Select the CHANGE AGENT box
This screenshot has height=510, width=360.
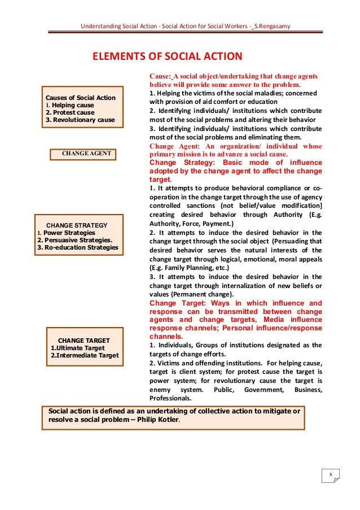coord(86,154)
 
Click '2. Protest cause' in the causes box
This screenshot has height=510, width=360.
coord(70,112)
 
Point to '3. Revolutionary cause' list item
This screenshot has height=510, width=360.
coord(80,120)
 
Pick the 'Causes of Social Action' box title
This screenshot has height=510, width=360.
coord(80,98)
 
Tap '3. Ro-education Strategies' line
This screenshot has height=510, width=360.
coord(77,247)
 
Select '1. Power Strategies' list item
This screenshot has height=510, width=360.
coord(66,233)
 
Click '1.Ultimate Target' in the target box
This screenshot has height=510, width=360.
coord(77,348)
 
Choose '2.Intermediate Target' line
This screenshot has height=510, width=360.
coord(85,355)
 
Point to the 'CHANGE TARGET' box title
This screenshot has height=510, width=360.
coord(84,341)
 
